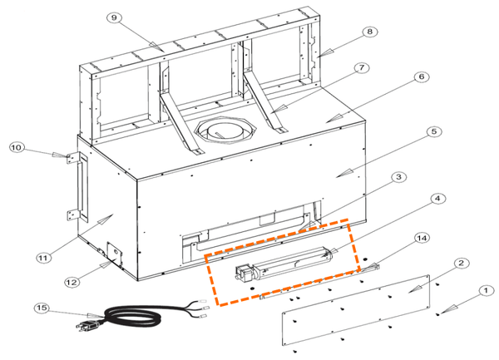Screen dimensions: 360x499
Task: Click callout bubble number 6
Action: point(422,76)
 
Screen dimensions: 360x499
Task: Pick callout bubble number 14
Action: point(422,238)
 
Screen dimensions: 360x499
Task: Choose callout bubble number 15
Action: point(42,308)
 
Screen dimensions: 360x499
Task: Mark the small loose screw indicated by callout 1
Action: point(438,314)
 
